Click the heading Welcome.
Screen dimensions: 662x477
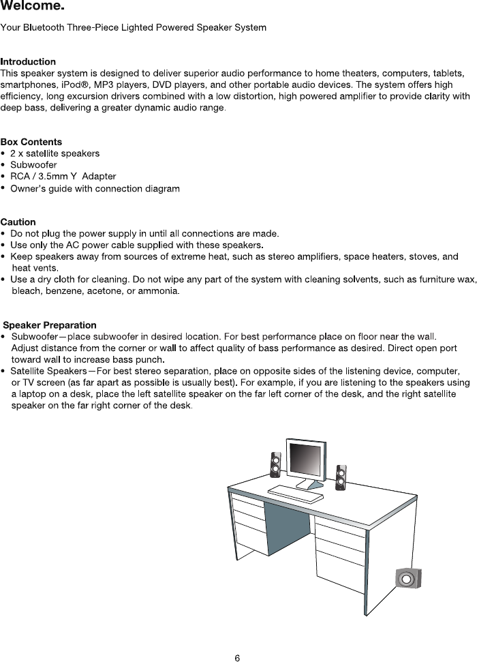point(33,7)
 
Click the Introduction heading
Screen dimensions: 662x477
point(28,63)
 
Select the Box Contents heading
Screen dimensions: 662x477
point(31,142)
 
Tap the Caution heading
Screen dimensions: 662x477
point(18,222)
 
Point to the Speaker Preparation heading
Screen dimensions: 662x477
point(50,325)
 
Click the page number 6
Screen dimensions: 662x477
point(237,658)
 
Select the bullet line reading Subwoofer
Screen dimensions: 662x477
point(33,165)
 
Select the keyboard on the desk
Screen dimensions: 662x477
point(296,493)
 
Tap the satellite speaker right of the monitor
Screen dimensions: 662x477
point(341,478)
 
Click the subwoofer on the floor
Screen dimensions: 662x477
point(407,579)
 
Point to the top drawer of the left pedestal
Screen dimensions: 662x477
point(247,503)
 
